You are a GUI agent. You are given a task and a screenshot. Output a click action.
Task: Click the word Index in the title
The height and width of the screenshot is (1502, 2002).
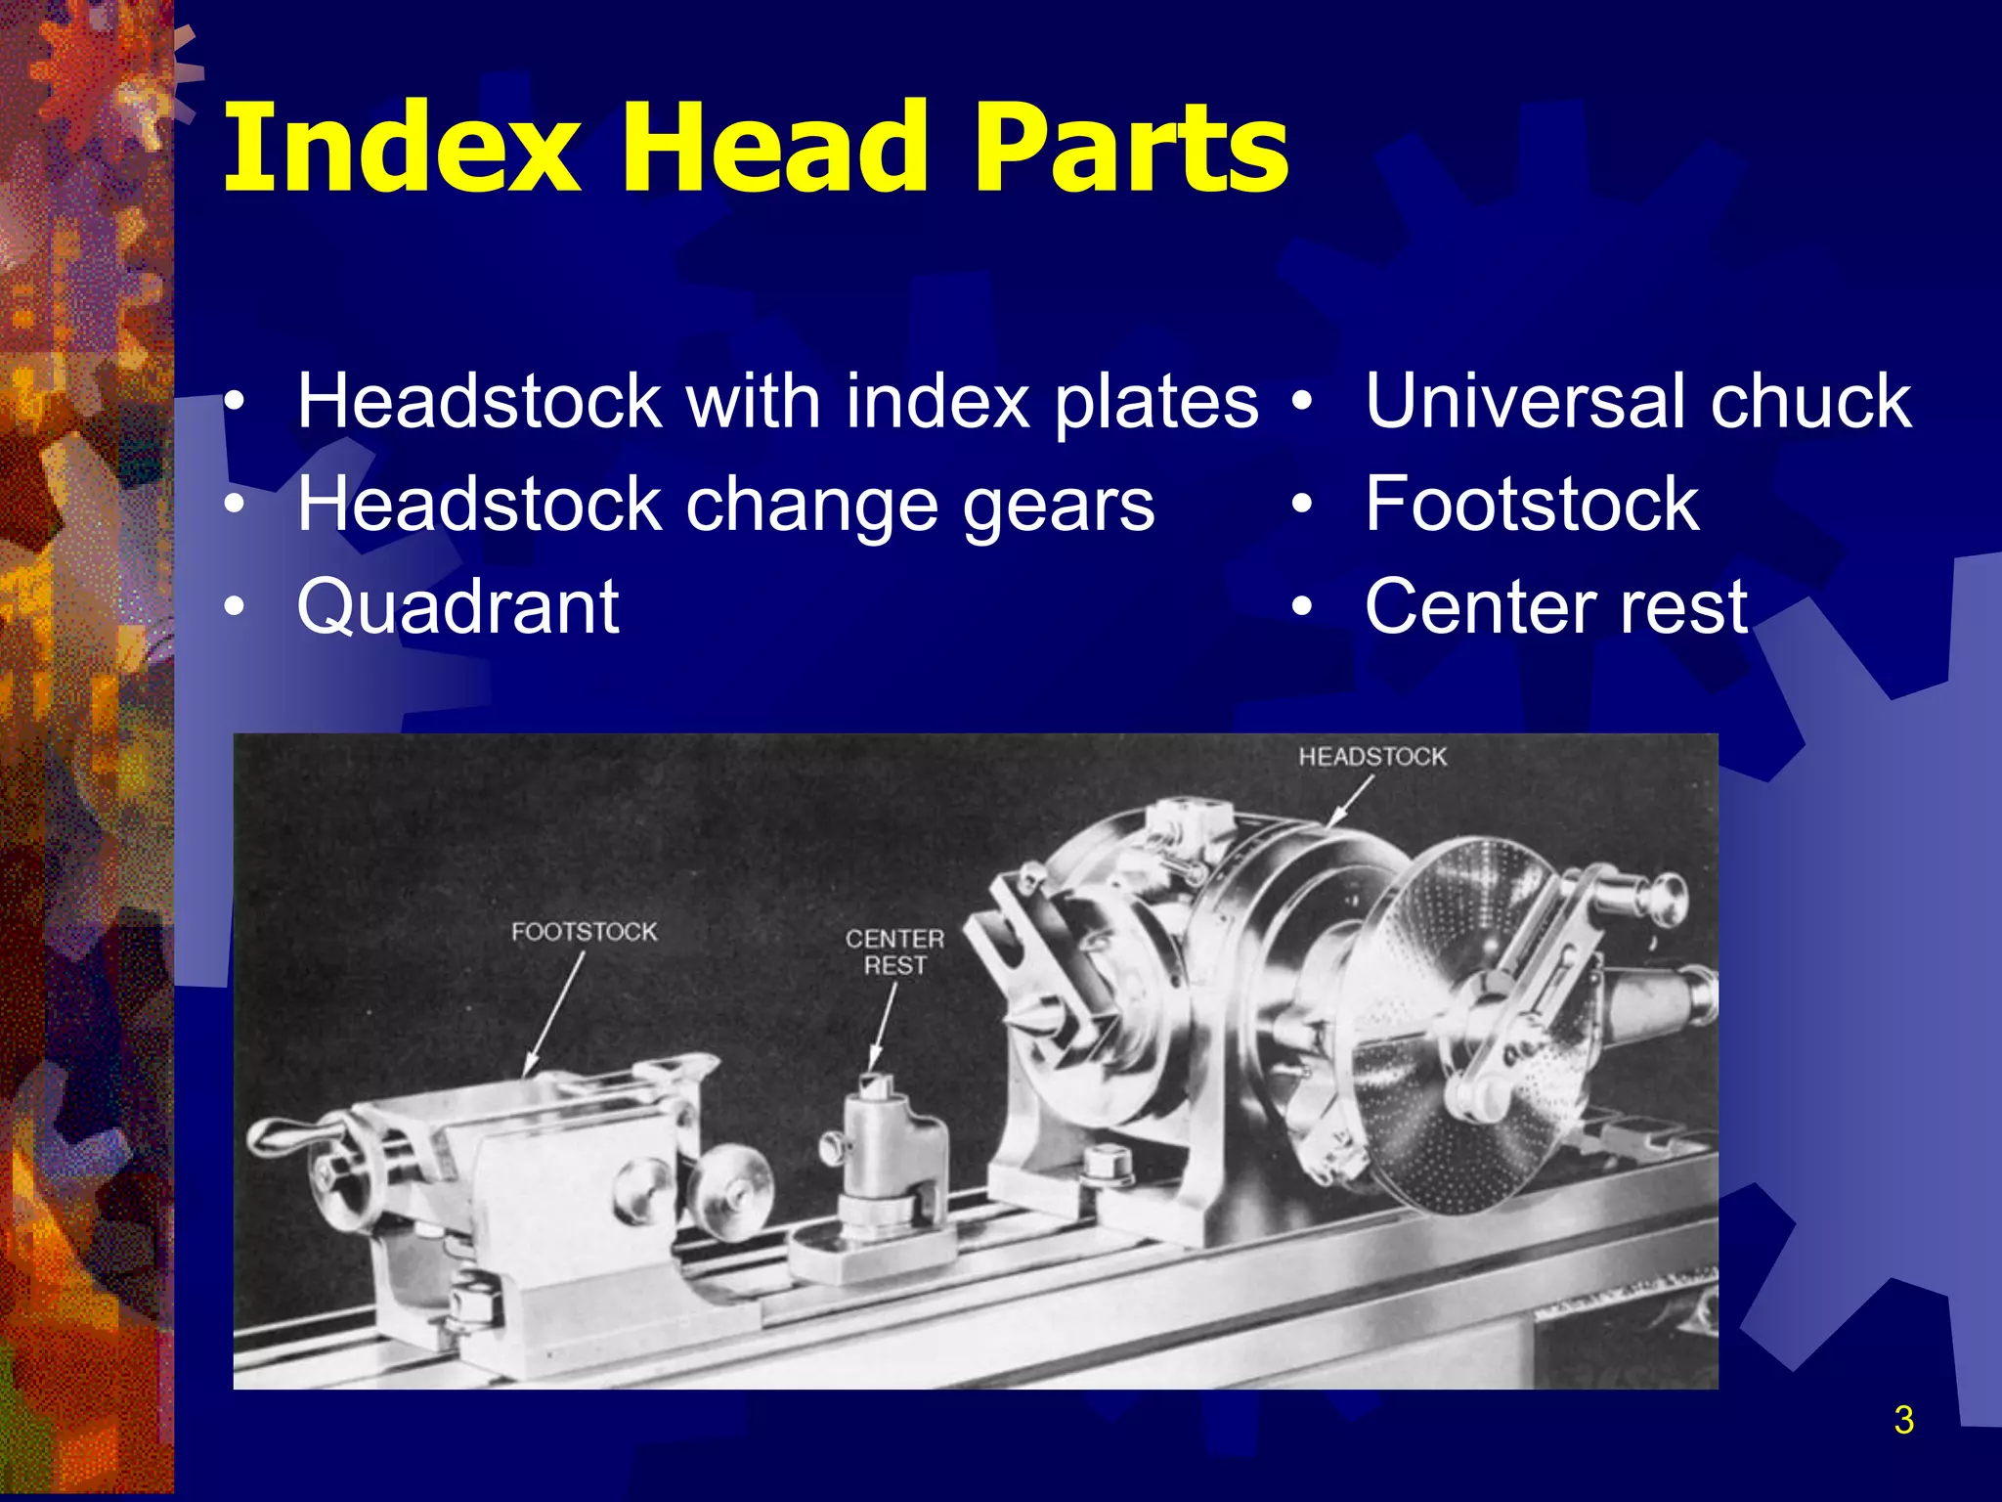[x=402, y=149]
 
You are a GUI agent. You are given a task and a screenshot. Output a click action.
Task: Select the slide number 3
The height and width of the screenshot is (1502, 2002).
[x=1902, y=1420]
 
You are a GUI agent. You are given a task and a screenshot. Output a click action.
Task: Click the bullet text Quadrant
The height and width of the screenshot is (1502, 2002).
[x=457, y=606]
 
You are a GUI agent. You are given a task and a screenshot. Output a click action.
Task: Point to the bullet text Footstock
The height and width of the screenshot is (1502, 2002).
[x=1532, y=504]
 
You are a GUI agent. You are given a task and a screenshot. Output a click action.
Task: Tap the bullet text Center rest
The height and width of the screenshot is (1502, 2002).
[x=1555, y=606]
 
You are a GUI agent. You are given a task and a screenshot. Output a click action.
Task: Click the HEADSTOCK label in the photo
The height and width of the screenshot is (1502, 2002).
[x=1371, y=756]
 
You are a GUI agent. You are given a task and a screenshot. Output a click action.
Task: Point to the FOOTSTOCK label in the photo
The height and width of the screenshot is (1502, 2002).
[x=584, y=931]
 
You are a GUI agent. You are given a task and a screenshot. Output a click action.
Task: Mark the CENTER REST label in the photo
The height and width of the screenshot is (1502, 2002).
[x=894, y=951]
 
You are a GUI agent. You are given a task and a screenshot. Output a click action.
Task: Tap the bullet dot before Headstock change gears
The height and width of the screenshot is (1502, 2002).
[x=234, y=505]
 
